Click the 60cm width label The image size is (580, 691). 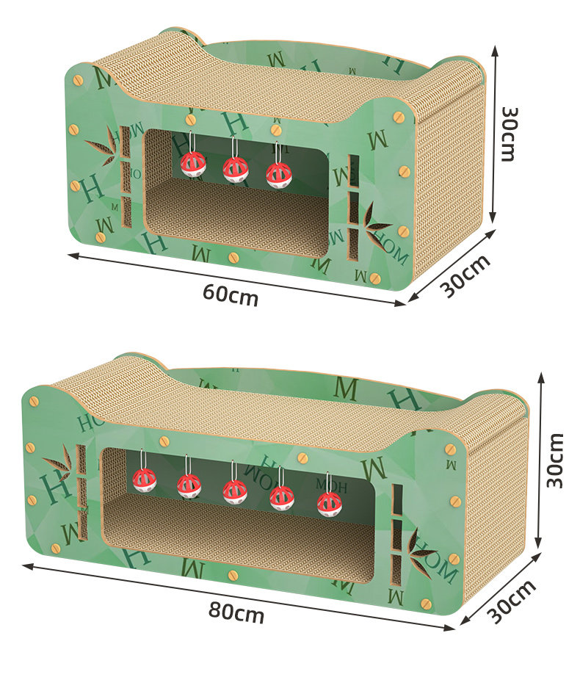[x=231, y=294]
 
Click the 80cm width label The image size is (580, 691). [x=236, y=612]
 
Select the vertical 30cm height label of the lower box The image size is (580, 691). [x=557, y=460]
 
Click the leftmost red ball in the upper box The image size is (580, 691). [x=193, y=164]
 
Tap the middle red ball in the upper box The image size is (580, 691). [x=236, y=169]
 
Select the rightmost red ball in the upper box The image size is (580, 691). [x=278, y=174]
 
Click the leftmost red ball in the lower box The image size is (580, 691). [x=145, y=480]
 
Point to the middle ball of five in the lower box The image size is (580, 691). [x=235, y=491]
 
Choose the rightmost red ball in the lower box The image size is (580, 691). [x=329, y=504]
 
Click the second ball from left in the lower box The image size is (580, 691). [x=189, y=485]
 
